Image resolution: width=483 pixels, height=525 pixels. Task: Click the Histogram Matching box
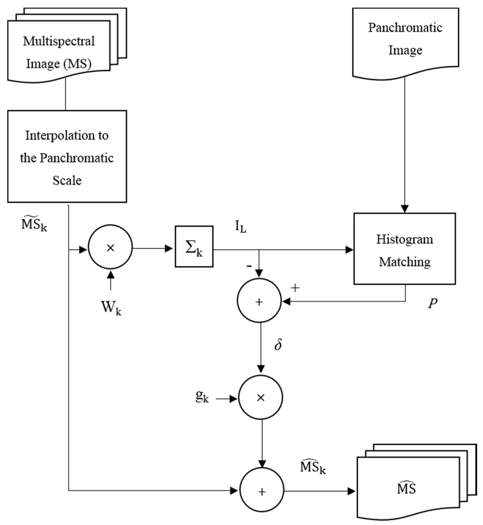(x=404, y=249)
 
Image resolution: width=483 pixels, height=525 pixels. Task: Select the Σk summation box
(x=194, y=247)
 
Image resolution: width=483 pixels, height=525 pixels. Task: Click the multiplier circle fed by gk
(x=260, y=398)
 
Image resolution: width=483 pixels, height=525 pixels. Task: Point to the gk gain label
(x=202, y=397)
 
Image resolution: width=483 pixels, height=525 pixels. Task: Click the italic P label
(x=433, y=304)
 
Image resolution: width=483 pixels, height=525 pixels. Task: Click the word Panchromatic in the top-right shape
(x=405, y=28)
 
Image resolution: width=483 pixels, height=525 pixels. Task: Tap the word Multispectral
(x=59, y=41)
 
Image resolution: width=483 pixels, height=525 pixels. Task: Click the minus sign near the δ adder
(x=249, y=266)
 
